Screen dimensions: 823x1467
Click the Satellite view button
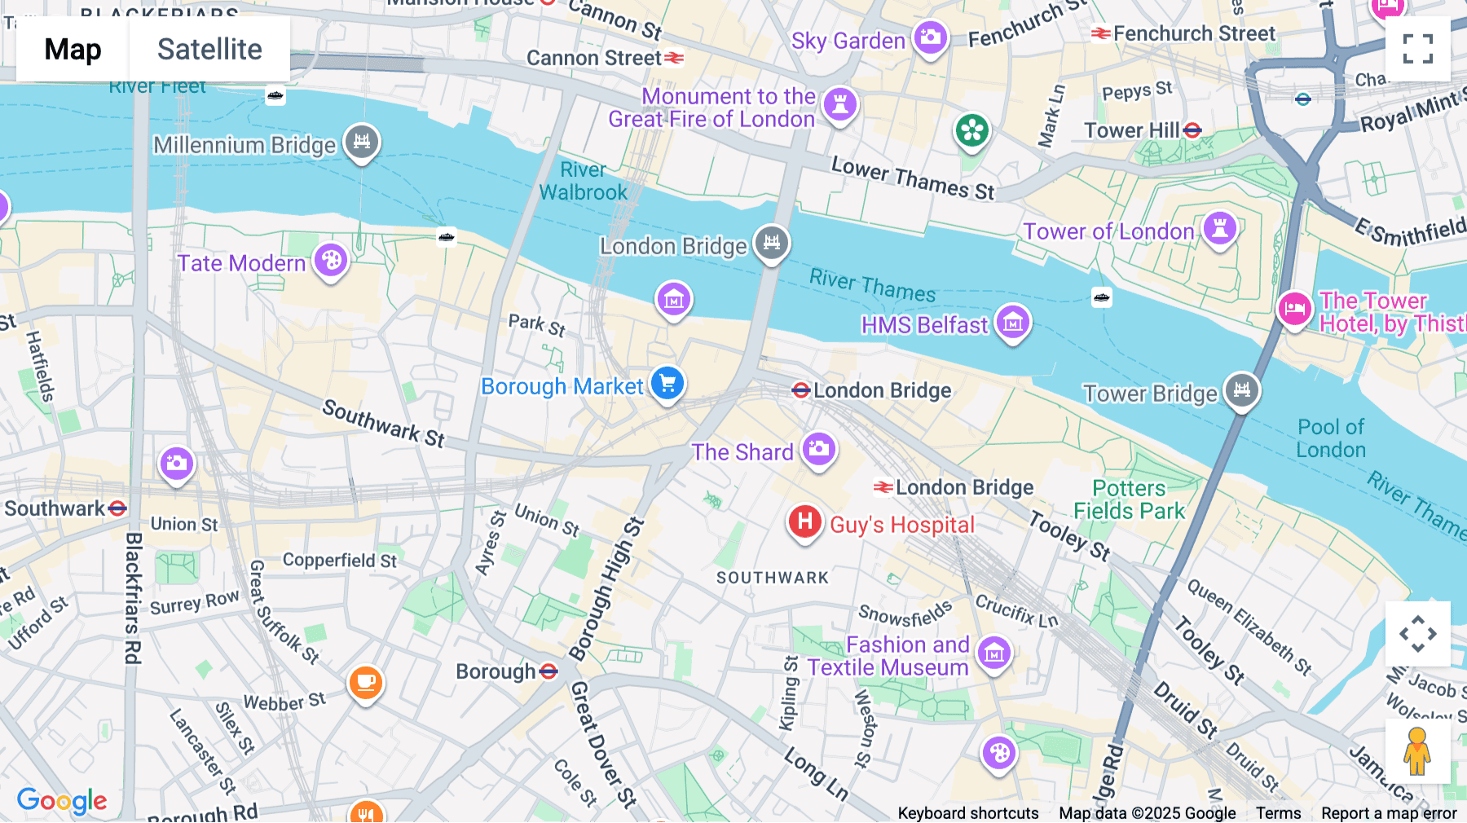[x=209, y=49]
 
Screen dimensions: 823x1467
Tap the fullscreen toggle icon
[x=1417, y=49]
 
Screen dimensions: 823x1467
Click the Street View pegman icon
[x=1417, y=751]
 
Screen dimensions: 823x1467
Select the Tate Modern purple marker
[x=331, y=261]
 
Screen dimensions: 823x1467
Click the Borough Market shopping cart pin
[x=667, y=382]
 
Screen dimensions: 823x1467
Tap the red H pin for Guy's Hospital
[x=804, y=522]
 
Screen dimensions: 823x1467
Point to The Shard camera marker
[x=819, y=449]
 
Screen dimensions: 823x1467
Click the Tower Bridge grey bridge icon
[x=1241, y=390]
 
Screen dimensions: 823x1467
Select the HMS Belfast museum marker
[x=1013, y=323]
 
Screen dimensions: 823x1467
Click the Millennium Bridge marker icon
[x=362, y=142]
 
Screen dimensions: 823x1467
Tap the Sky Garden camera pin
[x=930, y=37]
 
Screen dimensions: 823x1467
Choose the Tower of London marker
[x=1219, y=228]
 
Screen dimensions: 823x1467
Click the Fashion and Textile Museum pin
[x=994, y=653]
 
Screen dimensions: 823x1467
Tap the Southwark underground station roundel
[x=117, y=508]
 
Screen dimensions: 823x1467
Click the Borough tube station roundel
[x=548, y=671]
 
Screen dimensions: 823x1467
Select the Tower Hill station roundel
[x=1192, y=130]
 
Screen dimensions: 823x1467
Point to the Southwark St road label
[x=383, y=423]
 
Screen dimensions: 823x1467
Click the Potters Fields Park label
[x=1129, y=500]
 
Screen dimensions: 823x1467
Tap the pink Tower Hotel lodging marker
[x=1294, y=309]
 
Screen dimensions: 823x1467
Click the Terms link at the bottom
[x=1278, y=813]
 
